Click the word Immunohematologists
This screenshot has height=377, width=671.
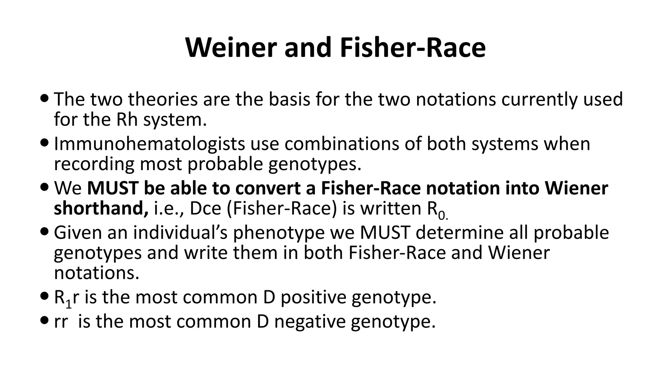point(149,144)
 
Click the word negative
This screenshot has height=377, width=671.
point(310,321)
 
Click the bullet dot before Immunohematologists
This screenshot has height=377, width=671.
point(45,143)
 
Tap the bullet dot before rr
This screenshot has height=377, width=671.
point(45,320)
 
